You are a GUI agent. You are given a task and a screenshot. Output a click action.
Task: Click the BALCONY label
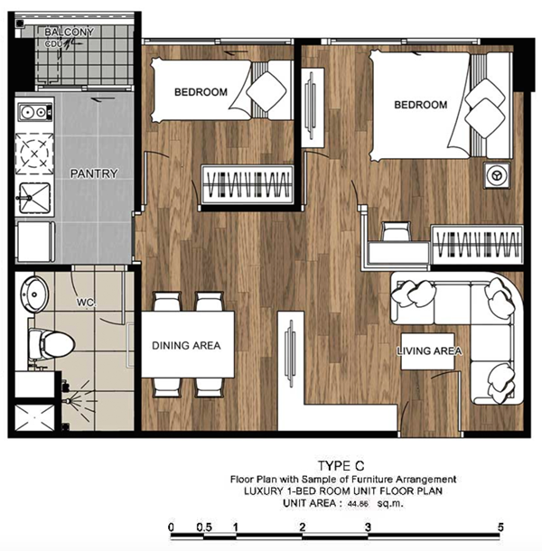click(x=70, y=33)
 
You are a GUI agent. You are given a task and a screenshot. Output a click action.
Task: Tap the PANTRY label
click(x=94, y=173)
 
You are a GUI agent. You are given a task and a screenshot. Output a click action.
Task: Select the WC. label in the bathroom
click(x=86, y=303)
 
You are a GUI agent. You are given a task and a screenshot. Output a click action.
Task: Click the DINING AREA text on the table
click(x=186, y=345)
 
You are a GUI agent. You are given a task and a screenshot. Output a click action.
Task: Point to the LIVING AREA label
click(x=429, y=350)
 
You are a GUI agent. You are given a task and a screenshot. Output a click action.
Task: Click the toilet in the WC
click(x=51, y=343)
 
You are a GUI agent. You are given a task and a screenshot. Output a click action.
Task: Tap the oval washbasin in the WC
click(x=34, y=294)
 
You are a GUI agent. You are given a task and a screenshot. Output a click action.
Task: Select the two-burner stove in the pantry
click(x=35, y=112)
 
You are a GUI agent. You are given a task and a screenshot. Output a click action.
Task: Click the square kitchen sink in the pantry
click(x=35, y=198)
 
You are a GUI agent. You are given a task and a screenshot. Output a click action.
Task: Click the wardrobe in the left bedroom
click(x=248, y=184)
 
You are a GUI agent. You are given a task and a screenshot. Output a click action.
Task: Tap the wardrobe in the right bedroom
click(x=477, y=245)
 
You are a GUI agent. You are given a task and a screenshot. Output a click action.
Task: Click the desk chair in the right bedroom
click(x=397, y=231)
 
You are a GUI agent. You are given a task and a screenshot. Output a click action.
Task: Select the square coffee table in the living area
click(x=428, y=351)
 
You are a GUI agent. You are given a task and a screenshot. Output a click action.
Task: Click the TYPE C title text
click(x=341, y=466)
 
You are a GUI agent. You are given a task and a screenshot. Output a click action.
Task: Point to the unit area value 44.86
click(x=358, y=503)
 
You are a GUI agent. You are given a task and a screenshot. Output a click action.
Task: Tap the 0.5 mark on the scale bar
click(x=204, y=528)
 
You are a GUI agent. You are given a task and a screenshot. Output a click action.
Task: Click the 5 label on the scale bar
click(x=500, y=528)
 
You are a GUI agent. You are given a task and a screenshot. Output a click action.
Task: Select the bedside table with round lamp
click(x=497, y=175)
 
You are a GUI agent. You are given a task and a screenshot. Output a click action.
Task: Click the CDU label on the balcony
click(x=53, y=44)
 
